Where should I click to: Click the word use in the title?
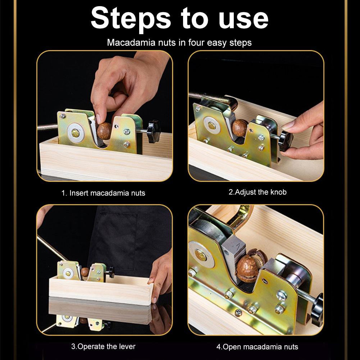click(x=243, y=19)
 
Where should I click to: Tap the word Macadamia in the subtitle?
click(x=131, y=42)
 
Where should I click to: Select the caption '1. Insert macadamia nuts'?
click(x=103, y=193)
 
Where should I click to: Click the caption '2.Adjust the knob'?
click(x=258, y=192)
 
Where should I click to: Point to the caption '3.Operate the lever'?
click(x=103, y=346)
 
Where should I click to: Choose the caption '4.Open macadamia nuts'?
click(x=257, y=347)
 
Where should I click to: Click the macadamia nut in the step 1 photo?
click(x=104, y=131)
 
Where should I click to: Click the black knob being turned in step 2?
click(x=286, y=141)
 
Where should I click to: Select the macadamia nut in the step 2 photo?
click(x=239, y=128)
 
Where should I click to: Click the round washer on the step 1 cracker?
click(x=75, y=132)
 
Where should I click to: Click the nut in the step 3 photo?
click(x=85, y=272)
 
